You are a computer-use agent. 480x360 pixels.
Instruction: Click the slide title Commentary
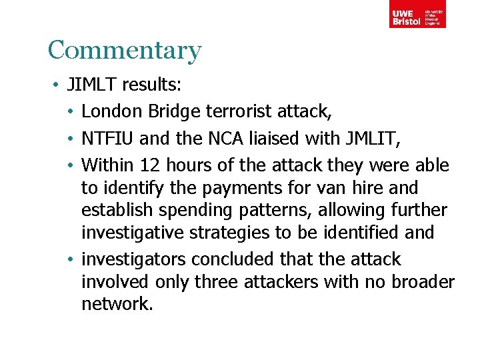pyautogui.click(x=124, y=51)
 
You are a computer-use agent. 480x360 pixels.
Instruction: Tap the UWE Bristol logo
pyautogui.click(x=417, y=14)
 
